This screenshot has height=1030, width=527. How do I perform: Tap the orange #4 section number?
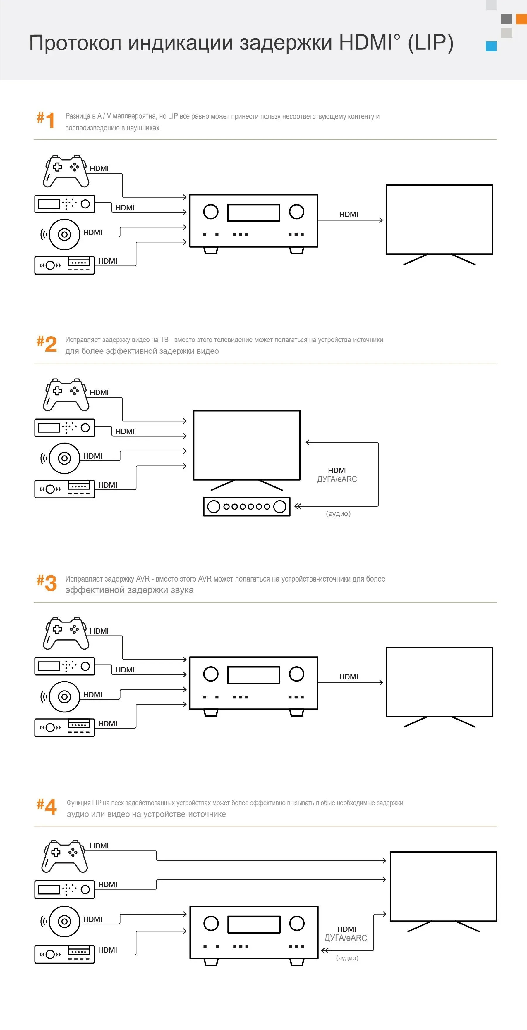coord(47,806)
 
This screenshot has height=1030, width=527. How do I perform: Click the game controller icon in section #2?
coord(66,395)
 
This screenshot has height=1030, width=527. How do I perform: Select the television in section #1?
coord(439,220)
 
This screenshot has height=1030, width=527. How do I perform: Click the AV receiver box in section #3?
coord(253,683)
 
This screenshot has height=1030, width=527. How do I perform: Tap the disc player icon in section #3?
coord(64,696)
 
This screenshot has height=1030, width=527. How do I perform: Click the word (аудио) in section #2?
coord(338,513)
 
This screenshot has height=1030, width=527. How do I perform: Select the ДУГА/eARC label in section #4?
coord(346,938)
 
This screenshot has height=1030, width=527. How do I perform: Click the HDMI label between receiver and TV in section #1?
coord(349,214)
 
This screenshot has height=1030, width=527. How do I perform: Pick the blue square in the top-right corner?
coord(491,46)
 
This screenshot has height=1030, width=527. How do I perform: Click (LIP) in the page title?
coord(430,43)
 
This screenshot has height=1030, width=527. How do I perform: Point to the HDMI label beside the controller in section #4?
coord(99,846)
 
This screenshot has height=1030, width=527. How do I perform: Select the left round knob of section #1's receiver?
coord(210,211)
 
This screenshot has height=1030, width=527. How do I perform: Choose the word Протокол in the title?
coord(75,43)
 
